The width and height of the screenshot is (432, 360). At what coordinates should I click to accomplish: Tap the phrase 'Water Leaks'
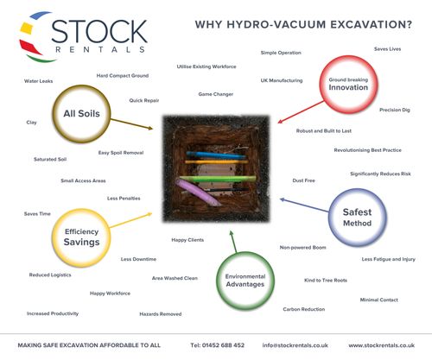39,82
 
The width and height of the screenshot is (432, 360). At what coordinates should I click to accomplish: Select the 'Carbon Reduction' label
304,308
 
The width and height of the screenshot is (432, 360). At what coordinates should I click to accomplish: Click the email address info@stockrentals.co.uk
296,345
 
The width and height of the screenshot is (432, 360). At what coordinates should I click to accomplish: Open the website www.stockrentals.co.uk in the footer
385,345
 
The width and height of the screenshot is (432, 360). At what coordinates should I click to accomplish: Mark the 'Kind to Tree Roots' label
326,280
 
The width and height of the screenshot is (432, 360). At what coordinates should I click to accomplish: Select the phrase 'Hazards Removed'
161,313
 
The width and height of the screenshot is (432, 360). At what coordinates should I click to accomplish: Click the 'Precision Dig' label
395,110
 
